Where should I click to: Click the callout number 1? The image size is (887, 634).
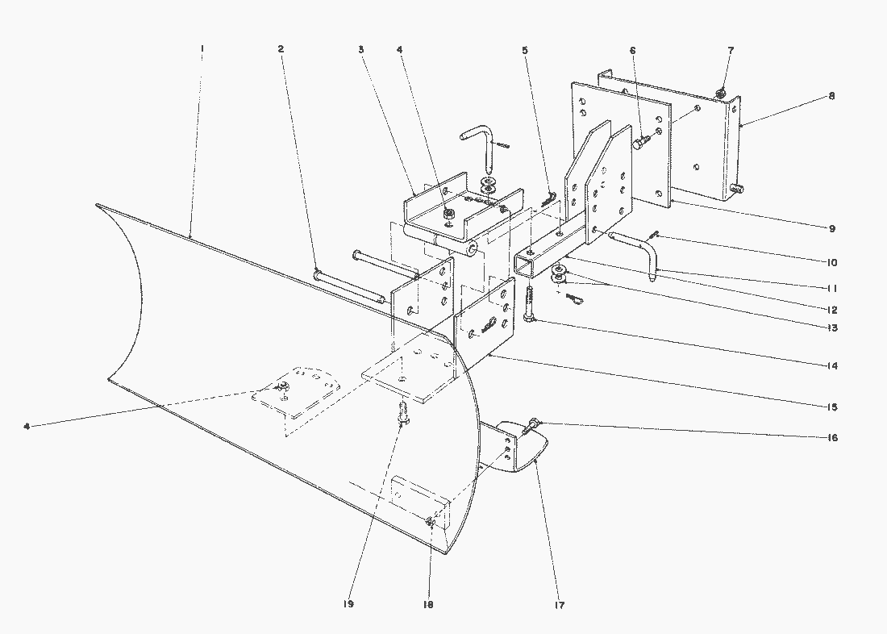[x=202, y=48]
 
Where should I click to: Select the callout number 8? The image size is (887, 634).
[x=832, y=95]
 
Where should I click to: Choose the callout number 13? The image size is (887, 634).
[x=832, y=327]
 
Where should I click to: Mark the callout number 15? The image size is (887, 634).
[x=832, y=405]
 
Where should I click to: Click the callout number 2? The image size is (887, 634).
[x=281, y=48]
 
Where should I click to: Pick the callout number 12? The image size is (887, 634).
[x=832, y=309]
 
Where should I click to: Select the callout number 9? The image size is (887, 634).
[x=832, y=228]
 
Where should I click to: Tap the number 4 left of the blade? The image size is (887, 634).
[x=27, y=425]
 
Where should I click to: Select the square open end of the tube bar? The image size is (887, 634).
[x=527, y=264]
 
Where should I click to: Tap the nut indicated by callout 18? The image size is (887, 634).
[x=432, y=523]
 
